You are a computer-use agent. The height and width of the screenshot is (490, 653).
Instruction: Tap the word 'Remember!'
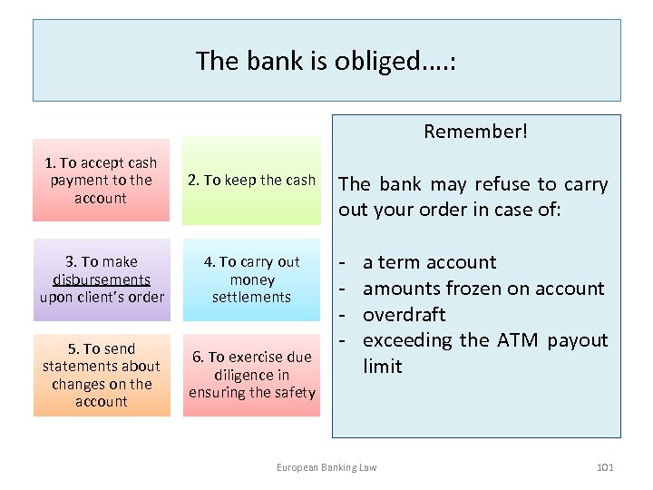pos(475,132)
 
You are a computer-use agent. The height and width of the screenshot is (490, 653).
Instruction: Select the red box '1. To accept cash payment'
pos(101,180)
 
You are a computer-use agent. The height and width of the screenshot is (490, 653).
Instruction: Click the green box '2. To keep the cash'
pos(251,180)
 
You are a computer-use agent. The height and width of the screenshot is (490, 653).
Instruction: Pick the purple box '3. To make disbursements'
pos(102,279)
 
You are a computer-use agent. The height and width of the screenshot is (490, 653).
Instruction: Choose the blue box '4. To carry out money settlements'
pos(251,279)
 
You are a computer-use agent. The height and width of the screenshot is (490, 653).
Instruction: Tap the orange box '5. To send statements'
pos(102,375)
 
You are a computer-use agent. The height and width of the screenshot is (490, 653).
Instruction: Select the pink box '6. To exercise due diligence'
pos(251,375)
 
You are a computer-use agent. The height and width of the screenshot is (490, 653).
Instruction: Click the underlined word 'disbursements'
pos(102,279)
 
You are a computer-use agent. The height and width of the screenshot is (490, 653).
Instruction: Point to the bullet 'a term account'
pos(429,262)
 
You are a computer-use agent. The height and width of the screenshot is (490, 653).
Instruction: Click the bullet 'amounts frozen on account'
pos(482,289)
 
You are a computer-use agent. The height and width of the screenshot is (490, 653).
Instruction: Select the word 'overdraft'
pos(404,315)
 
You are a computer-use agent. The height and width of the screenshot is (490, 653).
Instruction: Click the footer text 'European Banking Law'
pos(326,467)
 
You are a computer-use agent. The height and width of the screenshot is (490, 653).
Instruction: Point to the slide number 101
pos(605,467)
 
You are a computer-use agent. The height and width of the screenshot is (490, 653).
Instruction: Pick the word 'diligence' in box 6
pos(251,375)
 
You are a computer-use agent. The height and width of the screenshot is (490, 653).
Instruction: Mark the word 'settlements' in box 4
pos(251,297)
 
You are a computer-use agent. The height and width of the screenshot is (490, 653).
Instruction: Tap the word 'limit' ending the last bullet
pos(382,367)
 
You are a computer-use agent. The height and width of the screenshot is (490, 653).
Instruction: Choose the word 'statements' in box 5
pos(102,367)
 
